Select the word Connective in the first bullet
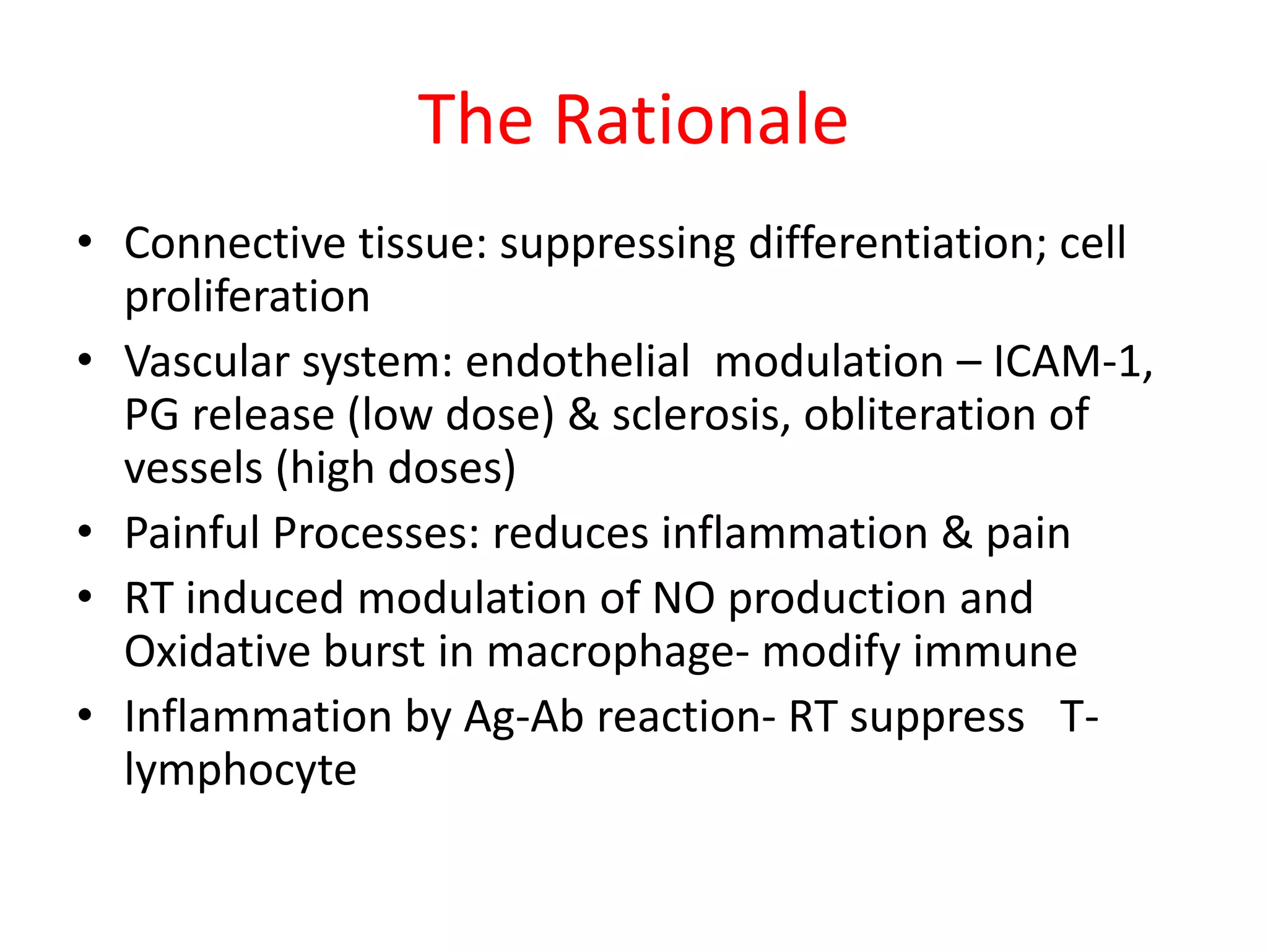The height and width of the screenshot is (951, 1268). point(235,243)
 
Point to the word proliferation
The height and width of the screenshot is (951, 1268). point(247,297)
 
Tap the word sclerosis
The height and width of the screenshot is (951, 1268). point(701,414)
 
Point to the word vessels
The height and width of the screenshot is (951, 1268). point(193,468)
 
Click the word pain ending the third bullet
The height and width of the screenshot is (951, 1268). point(1028,533)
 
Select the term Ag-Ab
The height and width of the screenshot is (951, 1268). point(523,717)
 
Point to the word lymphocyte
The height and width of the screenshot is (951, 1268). point(240,771)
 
